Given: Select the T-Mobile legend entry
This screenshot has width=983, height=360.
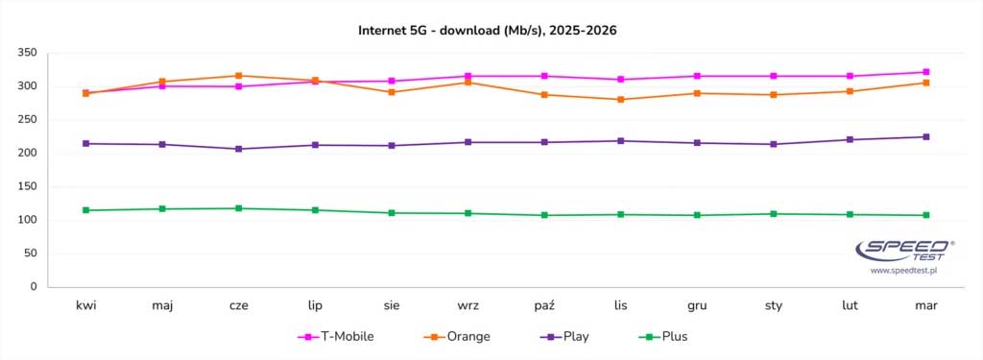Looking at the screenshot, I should pos(336,336).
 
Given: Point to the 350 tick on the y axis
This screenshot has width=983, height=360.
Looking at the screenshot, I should pos(28,53).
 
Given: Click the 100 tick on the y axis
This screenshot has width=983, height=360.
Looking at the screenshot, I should pos(28,220).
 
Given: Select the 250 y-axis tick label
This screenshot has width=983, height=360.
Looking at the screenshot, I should pos(28,120).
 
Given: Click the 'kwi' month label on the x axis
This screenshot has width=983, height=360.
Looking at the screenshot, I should pos(86,305).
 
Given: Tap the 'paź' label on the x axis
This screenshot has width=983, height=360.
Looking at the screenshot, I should pos(544,305).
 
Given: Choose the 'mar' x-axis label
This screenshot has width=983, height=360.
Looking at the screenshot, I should pos(925,305).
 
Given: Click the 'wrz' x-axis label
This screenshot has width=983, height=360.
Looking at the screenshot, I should pos(468,305).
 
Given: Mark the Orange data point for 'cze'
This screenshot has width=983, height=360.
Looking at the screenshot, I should pos(239,76).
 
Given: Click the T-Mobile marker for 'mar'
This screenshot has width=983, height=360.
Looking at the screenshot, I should pos(925,72).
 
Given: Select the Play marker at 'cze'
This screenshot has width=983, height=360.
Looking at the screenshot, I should pos(239,149).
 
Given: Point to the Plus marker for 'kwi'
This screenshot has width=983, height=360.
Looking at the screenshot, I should pos(86,210).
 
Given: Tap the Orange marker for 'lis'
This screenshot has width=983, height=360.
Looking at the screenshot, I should pos(621,100).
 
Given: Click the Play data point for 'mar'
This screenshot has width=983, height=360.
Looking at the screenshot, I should pos(925,136).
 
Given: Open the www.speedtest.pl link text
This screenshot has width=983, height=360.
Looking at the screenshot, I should pos(903,272).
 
